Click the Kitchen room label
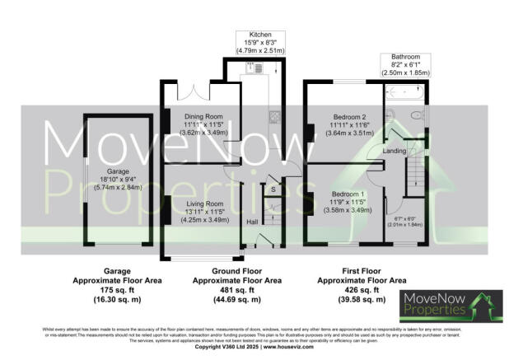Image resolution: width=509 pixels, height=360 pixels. pos(261,35)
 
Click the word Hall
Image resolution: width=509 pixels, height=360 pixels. pos(254,222)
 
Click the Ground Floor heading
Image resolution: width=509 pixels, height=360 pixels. pos(238,270)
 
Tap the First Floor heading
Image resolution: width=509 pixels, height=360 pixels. pos(360,270)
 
